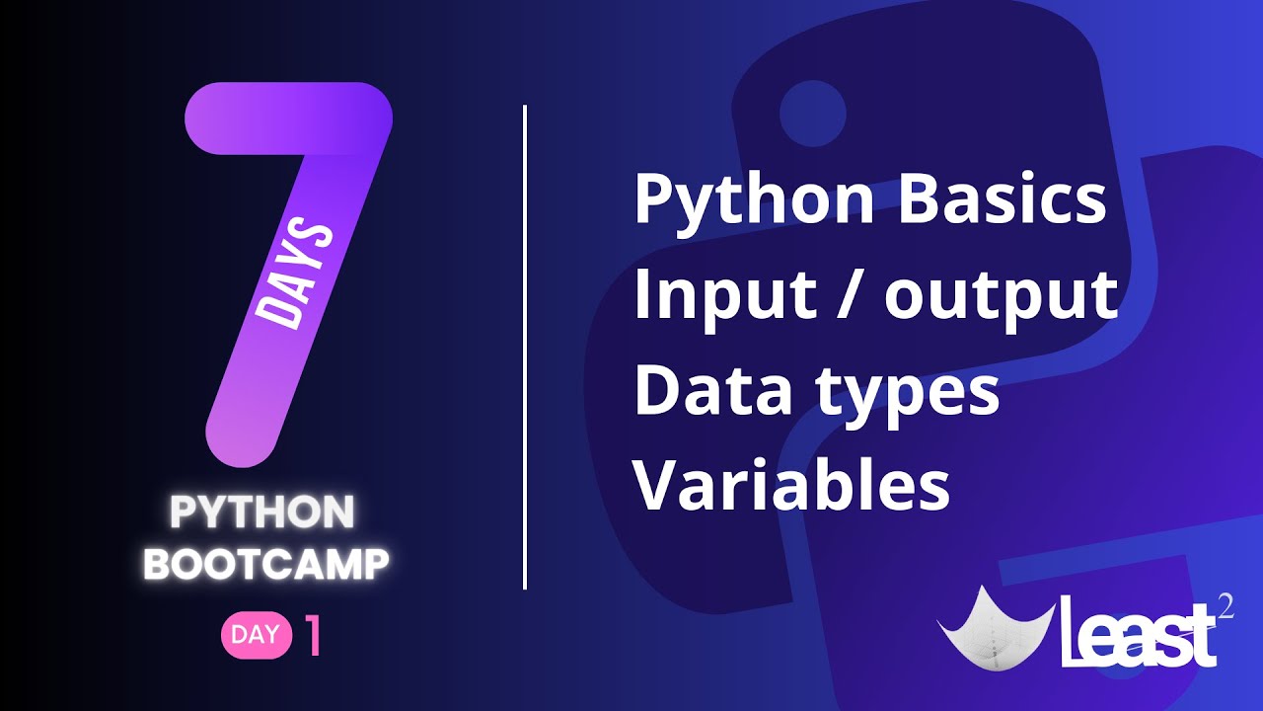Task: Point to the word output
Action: click(1001, 297)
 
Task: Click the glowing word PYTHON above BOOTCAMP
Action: click(262, 513)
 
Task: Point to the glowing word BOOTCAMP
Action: click(266, 564)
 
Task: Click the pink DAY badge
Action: click(256, 635)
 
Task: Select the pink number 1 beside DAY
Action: click(314, 637)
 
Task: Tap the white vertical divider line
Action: click(525, 346)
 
